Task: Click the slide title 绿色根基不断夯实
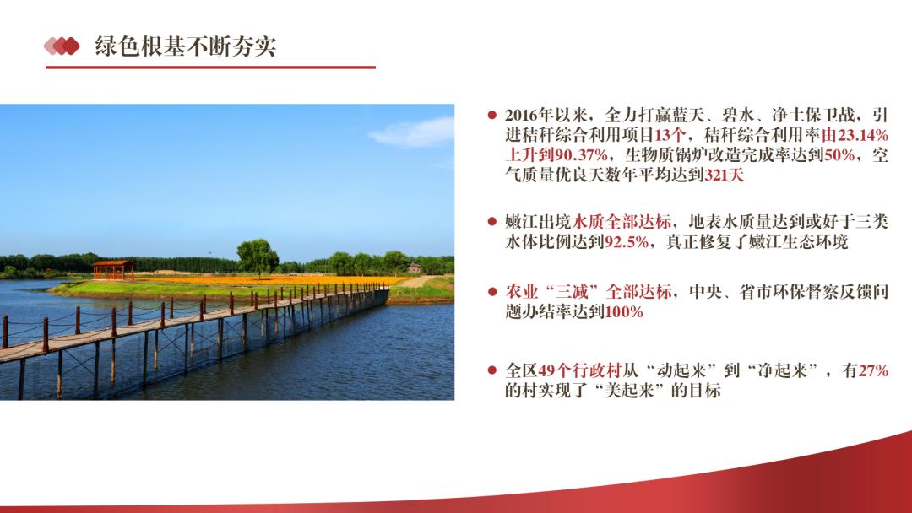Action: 186,46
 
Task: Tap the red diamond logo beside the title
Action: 62,46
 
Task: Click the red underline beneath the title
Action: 210,67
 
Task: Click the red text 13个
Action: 670,135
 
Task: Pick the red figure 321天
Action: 725,175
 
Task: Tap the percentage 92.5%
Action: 627,241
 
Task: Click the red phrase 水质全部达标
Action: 622,221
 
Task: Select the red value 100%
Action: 624,312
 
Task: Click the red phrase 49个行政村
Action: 580,370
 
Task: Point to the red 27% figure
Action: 873,370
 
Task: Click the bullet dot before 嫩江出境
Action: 492,221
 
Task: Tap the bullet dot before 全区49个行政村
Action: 492,370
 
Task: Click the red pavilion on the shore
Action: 113,269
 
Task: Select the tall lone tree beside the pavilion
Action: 257,257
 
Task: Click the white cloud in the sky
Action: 414,132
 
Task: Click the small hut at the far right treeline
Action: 414,267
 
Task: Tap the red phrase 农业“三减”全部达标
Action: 589,292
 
